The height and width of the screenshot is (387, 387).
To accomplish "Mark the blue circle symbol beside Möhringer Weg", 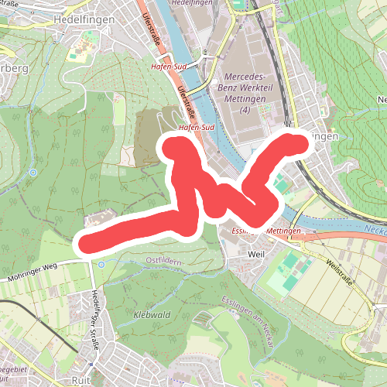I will click(x=101, y=265).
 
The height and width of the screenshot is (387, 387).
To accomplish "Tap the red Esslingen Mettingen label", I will click(x=265, y=231).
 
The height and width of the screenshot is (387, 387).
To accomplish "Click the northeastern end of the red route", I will click(x=298, y=142).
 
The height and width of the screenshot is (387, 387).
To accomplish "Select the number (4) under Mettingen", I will click(x=245, y=112).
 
